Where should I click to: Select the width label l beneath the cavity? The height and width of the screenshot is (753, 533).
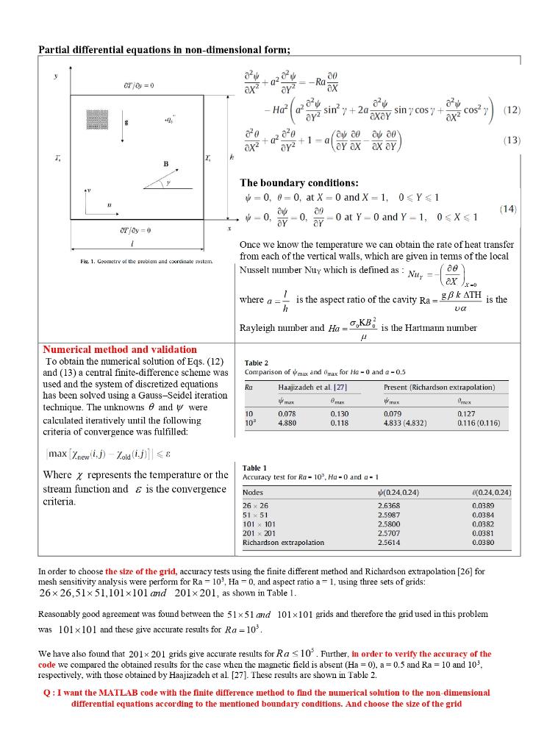pyautogui.click(x=130, y=243)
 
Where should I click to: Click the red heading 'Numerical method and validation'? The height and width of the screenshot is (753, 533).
pyautogui.click(x=120, y=349)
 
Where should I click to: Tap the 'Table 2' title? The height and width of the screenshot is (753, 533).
pyautogui.click(x=255, y=363)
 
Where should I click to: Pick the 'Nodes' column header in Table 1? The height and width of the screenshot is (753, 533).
pyautogui.click(x=252, y=492)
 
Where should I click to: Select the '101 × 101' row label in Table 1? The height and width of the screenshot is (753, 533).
pyautogui.click(x=258, y=524)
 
